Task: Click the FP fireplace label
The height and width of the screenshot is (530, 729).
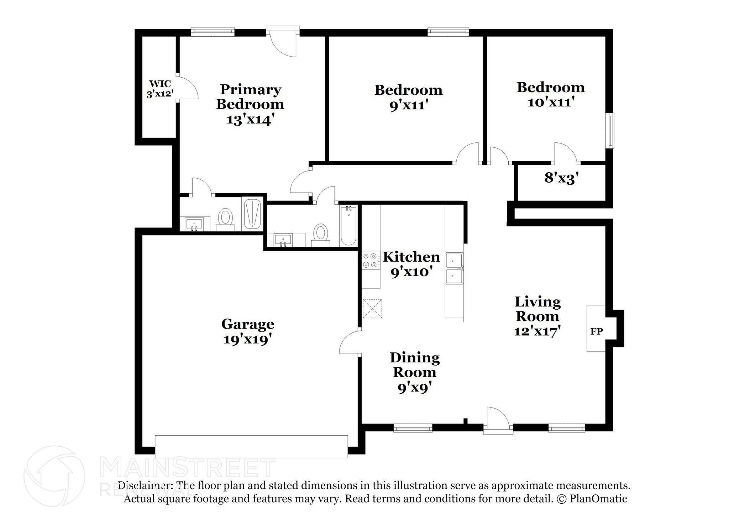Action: (x=596, y=331)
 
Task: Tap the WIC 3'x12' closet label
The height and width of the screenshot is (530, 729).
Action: (x=160, y=89)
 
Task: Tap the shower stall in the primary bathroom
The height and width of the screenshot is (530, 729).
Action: (x=252, y=214)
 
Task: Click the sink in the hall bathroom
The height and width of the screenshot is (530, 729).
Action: (x=283, y=240)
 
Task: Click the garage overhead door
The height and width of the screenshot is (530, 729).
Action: (x=251, y=446)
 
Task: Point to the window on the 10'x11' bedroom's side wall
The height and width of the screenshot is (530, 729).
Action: (x=611, y=131)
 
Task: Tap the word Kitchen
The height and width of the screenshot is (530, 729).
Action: (x=411, y=257)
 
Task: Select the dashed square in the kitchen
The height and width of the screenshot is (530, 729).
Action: (x=372, y=308)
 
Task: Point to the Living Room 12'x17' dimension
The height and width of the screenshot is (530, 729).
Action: (x=537, y=331)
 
